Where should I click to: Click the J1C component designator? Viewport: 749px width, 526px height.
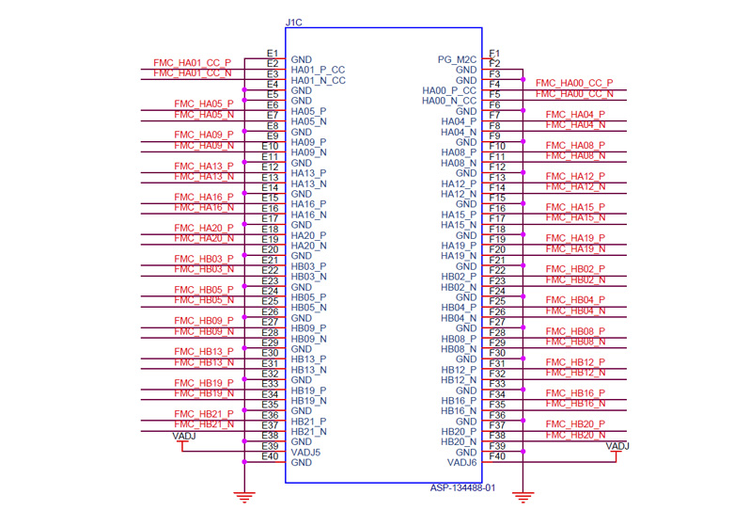point(293,22)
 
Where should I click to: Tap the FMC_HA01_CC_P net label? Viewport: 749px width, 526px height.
point(192,63)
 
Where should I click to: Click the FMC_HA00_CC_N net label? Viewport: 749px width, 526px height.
point(574,93)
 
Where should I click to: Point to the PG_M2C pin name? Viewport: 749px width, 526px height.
point(457,59)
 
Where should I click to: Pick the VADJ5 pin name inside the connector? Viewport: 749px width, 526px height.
point(306,452)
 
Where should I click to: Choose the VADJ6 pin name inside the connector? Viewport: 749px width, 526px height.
point(461,462)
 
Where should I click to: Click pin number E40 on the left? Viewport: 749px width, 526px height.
point(271,456)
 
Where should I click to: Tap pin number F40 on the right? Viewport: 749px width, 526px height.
point(497,456)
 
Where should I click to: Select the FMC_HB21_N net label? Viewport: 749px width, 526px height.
point(203,424)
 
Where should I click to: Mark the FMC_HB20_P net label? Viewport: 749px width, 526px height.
point(575,424)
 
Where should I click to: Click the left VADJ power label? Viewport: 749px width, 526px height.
point(184,436)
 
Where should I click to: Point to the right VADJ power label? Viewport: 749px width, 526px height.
point(617,446)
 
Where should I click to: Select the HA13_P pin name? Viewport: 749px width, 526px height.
point(309,173)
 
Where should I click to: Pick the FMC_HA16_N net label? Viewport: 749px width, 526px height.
point(203,207)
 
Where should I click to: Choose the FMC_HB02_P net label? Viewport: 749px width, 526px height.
point(575,269)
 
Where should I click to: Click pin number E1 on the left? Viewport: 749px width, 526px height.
point(272,53)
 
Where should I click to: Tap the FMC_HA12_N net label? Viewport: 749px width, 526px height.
point(575,186)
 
